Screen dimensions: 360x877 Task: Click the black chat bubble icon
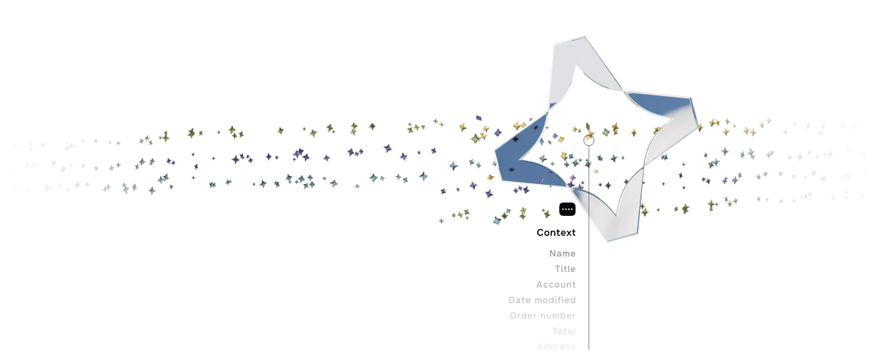click(567, 209)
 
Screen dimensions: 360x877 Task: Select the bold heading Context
click(556, 233)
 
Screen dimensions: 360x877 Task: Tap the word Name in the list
click(562, 254)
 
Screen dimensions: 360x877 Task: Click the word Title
click(565, 269)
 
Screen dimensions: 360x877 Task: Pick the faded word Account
click(556, 285)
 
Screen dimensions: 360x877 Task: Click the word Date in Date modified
click(520, 300)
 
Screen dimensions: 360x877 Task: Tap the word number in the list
click(558, 316)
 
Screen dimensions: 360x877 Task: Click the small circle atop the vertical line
click(589, 139)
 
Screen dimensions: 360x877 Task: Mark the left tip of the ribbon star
click(496, 154)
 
